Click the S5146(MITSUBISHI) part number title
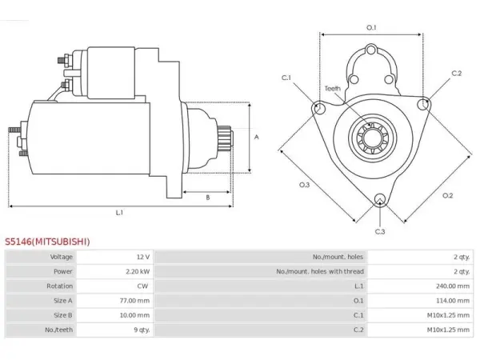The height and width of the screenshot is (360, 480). (47, 242)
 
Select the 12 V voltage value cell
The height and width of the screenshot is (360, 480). (143, 257)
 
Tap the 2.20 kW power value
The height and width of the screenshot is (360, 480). (138, 271)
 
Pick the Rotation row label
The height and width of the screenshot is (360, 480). (60, 286)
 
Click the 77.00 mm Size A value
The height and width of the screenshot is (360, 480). (134, 301)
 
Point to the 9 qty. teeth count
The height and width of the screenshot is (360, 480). (142, 330)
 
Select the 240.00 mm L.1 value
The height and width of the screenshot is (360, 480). (453, 286)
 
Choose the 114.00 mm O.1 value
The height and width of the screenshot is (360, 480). (453, 301)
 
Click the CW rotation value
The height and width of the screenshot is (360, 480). (142, 286)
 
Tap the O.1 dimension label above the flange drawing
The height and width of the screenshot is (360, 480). (371, 27)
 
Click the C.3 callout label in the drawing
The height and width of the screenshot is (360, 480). (380, 231)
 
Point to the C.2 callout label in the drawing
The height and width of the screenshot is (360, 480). (457, 73)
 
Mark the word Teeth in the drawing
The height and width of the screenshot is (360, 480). (333, 89)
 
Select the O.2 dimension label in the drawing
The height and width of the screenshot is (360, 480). (447, 195)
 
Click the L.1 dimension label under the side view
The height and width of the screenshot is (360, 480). (119, 212)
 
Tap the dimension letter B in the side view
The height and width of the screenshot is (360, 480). (208, 198)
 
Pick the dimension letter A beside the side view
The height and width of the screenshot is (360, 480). (257, 137)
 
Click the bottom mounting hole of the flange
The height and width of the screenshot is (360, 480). (380, 199)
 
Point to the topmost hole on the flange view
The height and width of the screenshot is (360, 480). (371, 50)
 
